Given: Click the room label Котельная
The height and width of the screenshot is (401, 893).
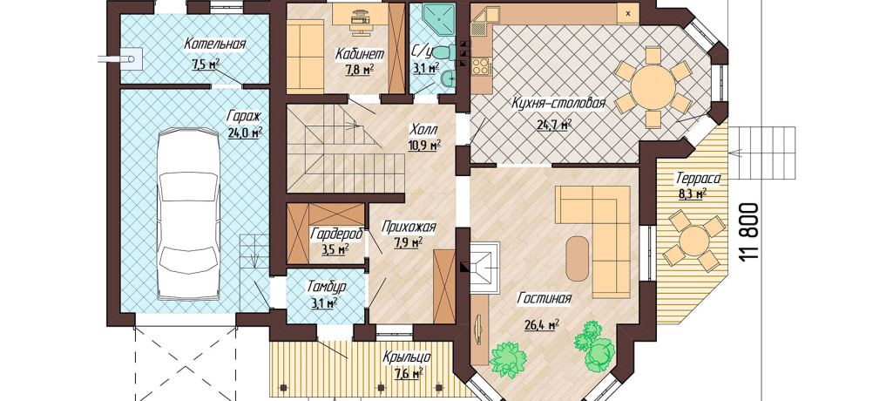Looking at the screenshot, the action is coord(214,44).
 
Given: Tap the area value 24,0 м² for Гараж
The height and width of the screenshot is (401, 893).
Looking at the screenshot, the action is coord(245,133).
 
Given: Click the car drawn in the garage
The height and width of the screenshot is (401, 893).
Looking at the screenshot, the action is coord(188,214).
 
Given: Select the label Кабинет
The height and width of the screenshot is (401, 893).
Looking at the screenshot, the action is coord(359,54).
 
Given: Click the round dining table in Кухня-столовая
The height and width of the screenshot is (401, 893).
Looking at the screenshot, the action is coord(652,86).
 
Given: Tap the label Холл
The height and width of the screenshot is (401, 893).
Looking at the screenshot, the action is coord(423,129).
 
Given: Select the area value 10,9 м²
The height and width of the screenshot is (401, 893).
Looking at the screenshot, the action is coord(425,145).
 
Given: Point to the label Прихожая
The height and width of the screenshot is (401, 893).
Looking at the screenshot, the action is coord(409,228).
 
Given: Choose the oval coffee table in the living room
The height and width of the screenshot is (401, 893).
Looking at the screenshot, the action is coord(577,259).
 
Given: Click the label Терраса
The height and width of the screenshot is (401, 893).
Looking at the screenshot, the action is coord(698,179).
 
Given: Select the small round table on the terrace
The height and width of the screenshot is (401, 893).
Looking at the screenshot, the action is coord(694,241).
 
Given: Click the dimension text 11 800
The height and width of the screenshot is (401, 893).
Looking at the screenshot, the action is coord(751,232).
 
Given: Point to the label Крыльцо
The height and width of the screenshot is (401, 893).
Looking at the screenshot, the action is coord(407,357).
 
